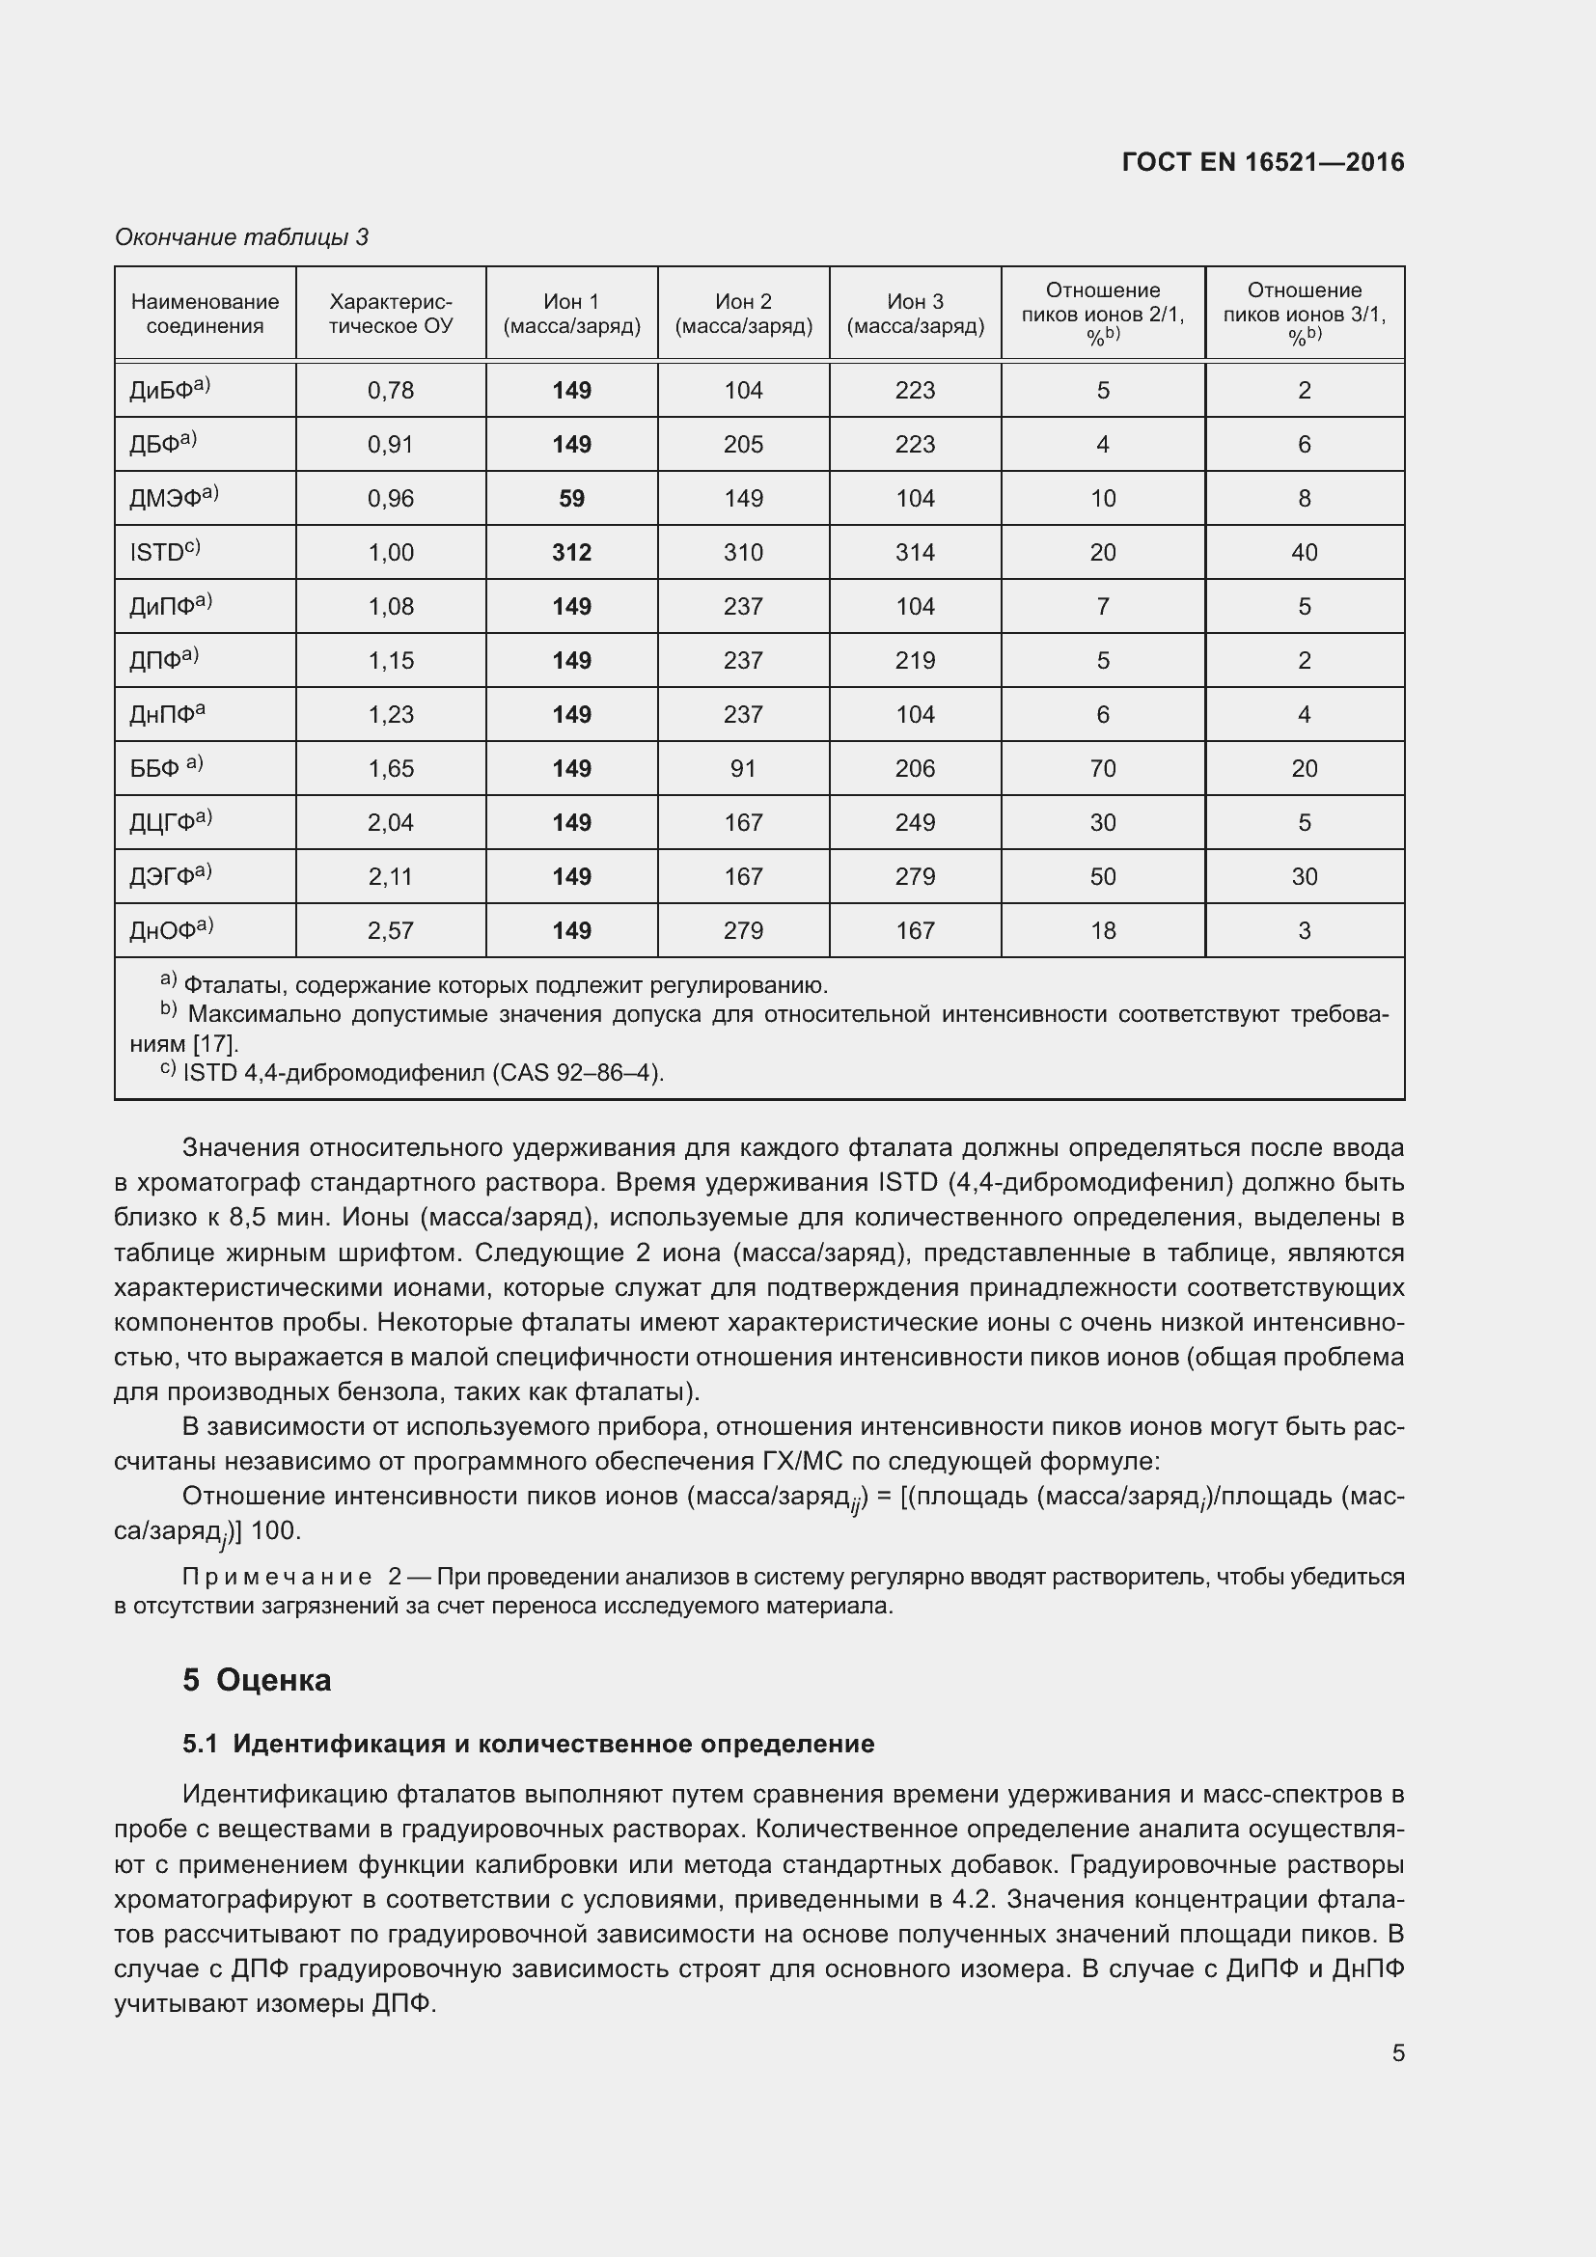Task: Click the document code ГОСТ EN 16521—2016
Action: pos(1262,162)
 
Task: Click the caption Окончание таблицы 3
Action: pos(242,237)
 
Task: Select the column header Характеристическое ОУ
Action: pos(390,314)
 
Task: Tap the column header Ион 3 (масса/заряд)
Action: pos(915,314)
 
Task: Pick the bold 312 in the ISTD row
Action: pos(571,553)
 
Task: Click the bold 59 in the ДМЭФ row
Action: pos(571,498)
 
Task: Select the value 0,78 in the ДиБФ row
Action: pos(390,390)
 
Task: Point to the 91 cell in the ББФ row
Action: pos(743,769)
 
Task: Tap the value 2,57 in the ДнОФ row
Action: pos(390,931)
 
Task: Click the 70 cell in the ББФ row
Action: pos(1103,769)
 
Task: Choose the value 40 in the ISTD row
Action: pos(1305,553)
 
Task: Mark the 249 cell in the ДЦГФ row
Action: pos(915,823)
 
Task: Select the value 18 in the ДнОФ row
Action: pos(1103,931)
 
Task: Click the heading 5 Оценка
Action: pos(257,1680)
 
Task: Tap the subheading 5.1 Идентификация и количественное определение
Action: pos(528,1744)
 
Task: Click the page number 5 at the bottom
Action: pos(1397,2052)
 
